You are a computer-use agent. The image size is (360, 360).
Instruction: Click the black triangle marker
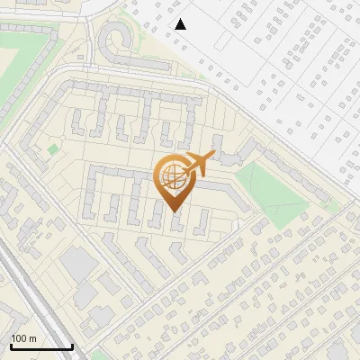coord(181,24)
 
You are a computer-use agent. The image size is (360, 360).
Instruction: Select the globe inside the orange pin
coord(171,177)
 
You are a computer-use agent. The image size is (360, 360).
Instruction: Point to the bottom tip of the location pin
coord(171,211)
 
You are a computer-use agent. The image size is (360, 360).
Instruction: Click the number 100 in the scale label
coord(19,338)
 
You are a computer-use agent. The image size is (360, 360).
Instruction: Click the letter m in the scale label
coord(32,338)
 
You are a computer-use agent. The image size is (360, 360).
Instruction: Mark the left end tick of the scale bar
coord(11,346)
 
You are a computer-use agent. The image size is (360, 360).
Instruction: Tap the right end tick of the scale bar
coord(72,346)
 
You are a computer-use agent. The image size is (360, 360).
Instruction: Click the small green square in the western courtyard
coord(53,148)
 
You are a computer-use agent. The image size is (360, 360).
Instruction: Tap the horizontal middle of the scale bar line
coord(41,347)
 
